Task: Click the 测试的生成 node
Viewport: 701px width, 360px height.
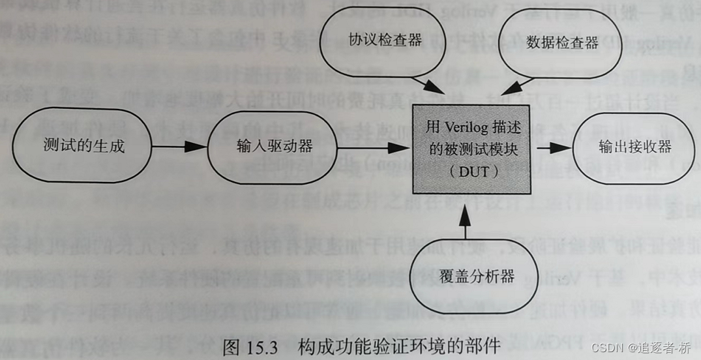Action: click(x=83, y=146)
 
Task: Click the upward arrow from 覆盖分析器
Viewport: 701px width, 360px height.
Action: click(x=464, y=222)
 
